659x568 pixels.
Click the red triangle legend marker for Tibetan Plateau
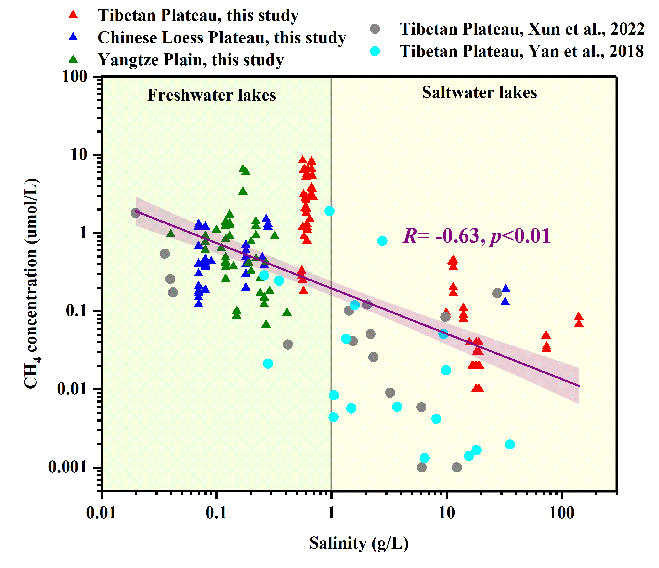[x=73, y=15]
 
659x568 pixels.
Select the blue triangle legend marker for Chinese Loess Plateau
[x=73, y=37]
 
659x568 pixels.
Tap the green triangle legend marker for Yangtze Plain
[x=73, y=59]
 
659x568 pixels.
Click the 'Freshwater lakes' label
[x=212, y=95]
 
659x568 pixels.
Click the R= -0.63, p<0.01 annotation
[x=476, y=236]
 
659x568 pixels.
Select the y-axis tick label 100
[x=74, y=77]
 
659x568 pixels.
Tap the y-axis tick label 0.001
[x=67, y=467]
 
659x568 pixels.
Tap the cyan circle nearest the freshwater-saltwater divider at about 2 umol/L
[x=329, y=211]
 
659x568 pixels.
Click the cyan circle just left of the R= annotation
[x=382, y=241]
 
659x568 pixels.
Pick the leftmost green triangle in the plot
[x=171, y=234]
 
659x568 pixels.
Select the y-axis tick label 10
[x=79, y=155]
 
